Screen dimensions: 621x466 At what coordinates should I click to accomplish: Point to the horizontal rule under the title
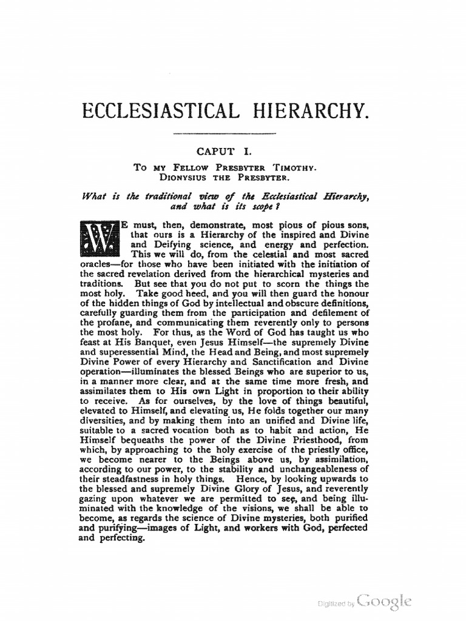click(x=225, y=133)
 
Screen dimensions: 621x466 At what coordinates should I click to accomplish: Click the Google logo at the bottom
click(x=385, y=601)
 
